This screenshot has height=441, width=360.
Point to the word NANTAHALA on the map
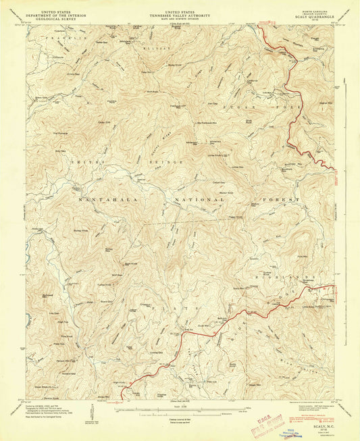(x=102, y=201)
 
